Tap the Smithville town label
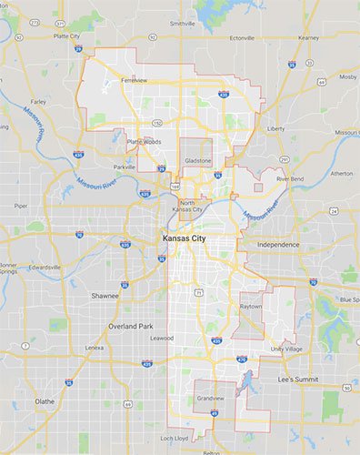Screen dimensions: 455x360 pyautogui.click(x=182, y=23)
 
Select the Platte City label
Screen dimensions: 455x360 pyautogui.click(x=67, y=36)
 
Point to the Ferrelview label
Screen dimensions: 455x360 pyautogui.click(x=134, y=80)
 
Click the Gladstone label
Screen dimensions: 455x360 pyautogui.click(x=197, y=160)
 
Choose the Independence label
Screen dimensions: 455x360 pyautogui.click(x=278, y=246)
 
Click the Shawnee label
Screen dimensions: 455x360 pyautogui.click(x=104, y=296)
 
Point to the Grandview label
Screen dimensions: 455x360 pyautogui.click(x=210, y=399)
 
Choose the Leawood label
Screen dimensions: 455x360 pyautogui.click(x=163, y=338)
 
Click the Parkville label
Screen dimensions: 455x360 pyautogui.click(x=125, y=167)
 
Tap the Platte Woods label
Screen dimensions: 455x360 pyautogui.click(x=144, y=141)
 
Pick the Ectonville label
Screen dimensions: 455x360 pyautogui.click(x=242, y=37)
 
